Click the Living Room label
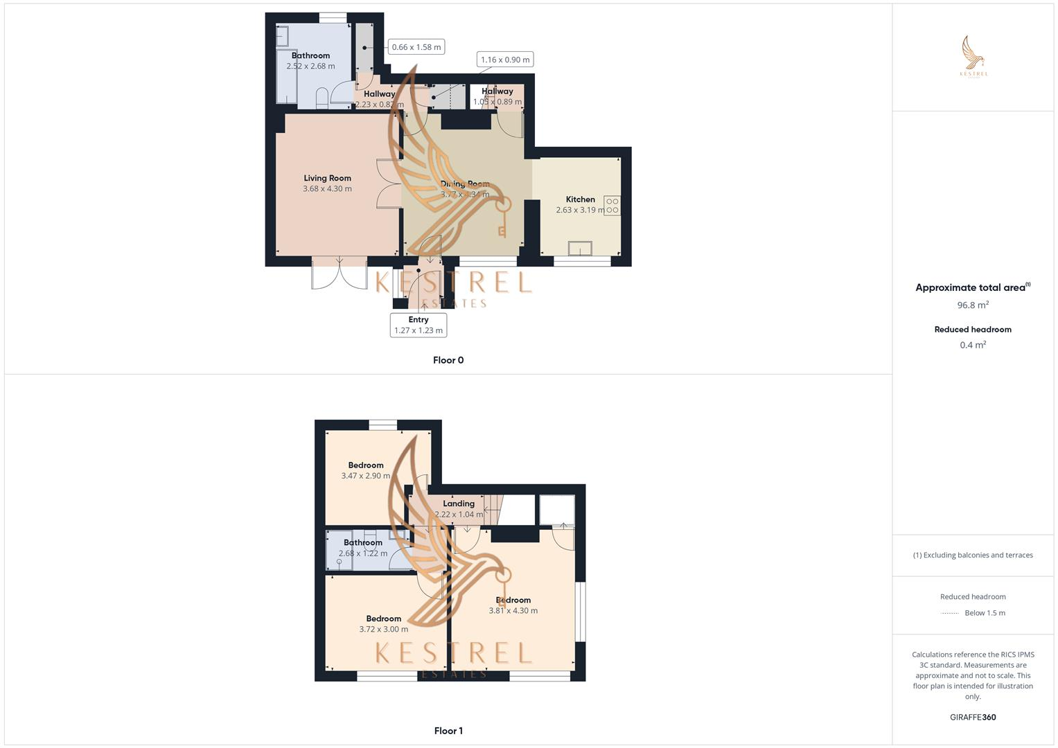(327, 178)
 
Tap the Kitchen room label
(580, 199)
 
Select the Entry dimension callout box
(418, 325)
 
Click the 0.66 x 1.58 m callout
(416, 47)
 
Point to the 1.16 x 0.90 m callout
(505, 60)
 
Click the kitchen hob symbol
(612, 206)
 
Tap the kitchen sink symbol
(580, 248)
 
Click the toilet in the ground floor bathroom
(322, 98)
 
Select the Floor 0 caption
(448, 360)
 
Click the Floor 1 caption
(448, 731)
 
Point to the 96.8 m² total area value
(973, 305)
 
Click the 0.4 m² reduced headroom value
(973, 345)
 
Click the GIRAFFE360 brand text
(973, 718)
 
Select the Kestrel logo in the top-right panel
(973, 57)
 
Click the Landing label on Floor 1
(459, 504)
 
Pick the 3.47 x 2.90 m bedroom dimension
(365, 476)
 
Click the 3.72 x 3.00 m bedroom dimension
(383, 629)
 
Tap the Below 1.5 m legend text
(985, 613)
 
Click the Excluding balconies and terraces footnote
(973, 555)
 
